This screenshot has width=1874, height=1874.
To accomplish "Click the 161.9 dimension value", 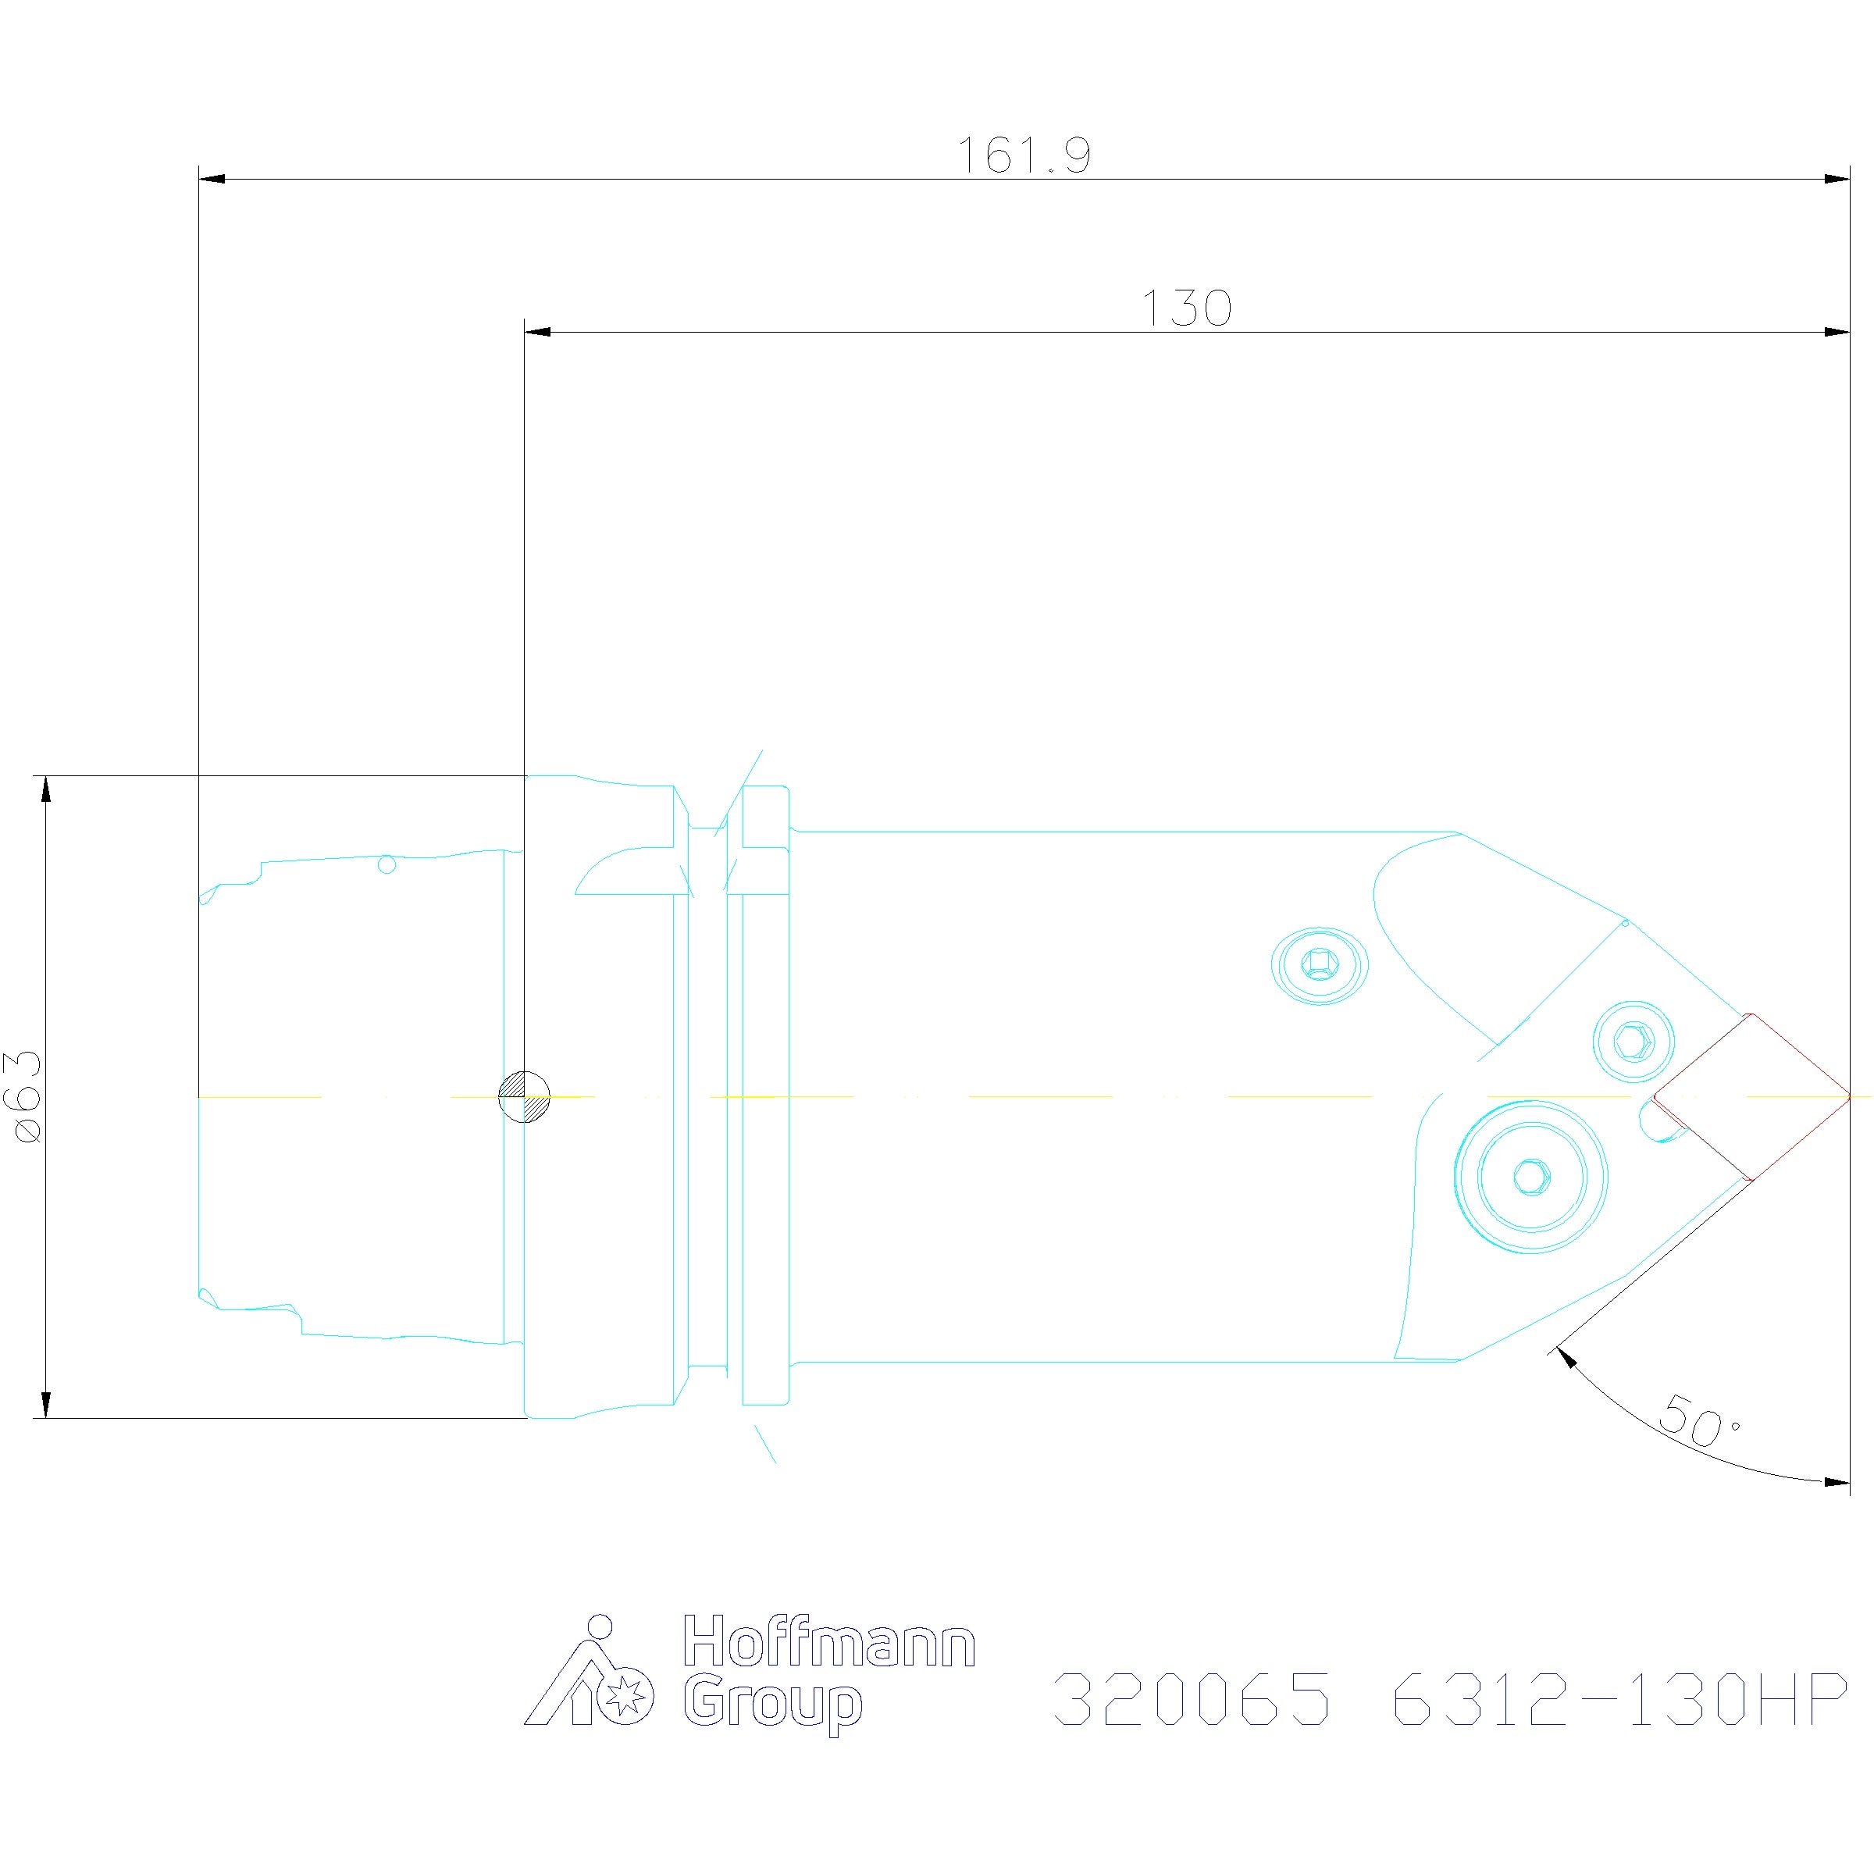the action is point(1024,155).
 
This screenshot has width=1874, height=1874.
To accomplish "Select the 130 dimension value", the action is point(1186,308).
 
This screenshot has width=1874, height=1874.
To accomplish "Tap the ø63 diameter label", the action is point(27,1096).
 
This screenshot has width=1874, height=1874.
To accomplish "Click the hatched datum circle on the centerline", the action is point(524,1097).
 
